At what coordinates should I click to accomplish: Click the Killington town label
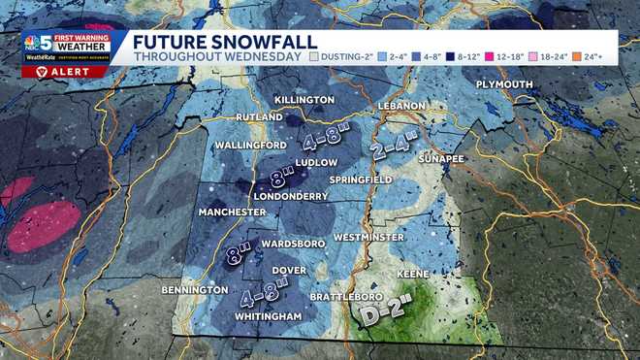tap(304, 100)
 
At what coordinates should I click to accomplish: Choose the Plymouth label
tap(504, 85)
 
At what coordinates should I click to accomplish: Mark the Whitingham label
tap(269, 316)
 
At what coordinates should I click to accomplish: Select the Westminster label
tap(368, 237)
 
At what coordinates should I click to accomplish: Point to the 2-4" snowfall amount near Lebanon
tap(399, 147)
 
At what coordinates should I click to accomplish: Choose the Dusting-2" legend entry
tap(344, 57)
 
